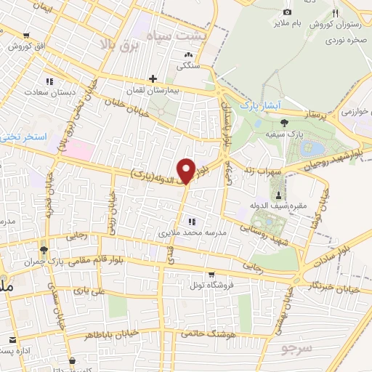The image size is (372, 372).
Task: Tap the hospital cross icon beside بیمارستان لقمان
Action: (x=153, y=78)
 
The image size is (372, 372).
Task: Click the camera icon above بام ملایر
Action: (x=287, y=12)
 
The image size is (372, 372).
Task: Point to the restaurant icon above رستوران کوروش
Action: (x=335, y=14)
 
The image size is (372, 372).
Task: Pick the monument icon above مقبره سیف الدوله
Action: (x=278, y=195)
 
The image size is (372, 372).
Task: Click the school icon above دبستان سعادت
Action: (x=49, y=81)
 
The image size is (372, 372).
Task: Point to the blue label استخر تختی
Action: (x=23, y=137)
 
